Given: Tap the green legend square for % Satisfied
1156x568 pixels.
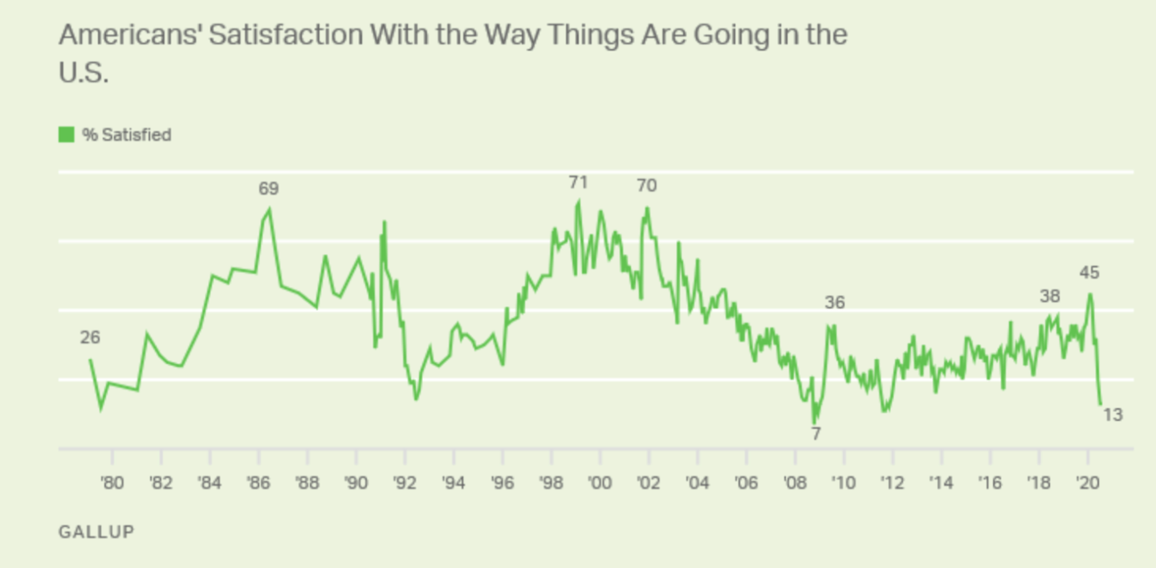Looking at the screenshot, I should tap(67, 134).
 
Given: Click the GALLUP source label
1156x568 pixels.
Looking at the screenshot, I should tap(96, 531).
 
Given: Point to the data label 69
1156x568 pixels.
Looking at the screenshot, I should tap(268, 189).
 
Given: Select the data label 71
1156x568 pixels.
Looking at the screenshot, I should tap(578, 182).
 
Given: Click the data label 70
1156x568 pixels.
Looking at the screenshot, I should tap(646, 186).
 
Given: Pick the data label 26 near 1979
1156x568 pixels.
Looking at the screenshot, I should tap(90, 337).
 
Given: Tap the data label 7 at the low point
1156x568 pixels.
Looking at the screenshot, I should tap(816, 434).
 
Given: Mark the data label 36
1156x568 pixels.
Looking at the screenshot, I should tap(835, 303).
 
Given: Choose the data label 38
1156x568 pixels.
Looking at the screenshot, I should tap(1050, 296).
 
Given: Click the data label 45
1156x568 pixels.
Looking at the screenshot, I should tap(1089, 273).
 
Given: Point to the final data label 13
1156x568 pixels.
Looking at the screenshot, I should tap(1113, 415).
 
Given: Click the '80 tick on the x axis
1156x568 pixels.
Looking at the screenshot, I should tap(112, 484).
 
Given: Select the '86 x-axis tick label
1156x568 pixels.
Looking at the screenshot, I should tap(258, 484).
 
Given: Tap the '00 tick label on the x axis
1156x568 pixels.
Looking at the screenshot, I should tap(600, 484).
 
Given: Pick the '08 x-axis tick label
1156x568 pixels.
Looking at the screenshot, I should tap(795, 484).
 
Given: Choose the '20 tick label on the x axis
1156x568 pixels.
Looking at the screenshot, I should tap(1087, 484).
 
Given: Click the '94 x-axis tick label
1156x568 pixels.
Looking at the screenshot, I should tap(454, 484).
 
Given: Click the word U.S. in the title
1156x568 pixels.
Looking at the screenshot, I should tap(83, 73).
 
